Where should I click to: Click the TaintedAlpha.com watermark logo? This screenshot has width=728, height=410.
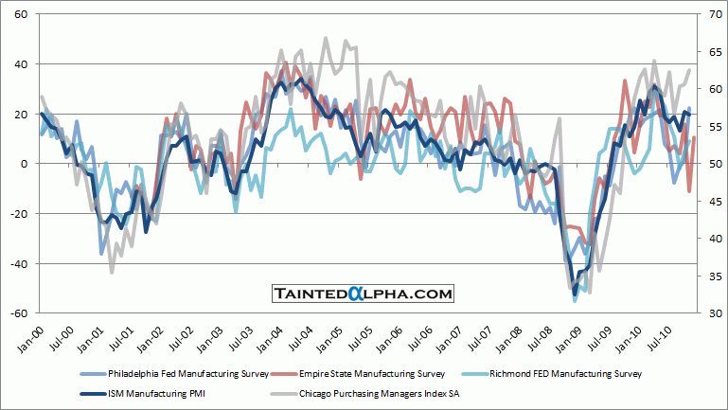point(364,294)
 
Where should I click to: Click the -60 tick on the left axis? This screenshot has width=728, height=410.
point(19,313)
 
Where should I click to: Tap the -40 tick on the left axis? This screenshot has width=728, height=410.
point(19,263)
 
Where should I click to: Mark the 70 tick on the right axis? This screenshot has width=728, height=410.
point(713,15)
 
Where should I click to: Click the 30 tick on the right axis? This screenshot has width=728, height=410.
point(713,313)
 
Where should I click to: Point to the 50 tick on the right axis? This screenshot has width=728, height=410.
point(713,164)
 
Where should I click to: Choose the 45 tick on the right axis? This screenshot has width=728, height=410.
point(713,202)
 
